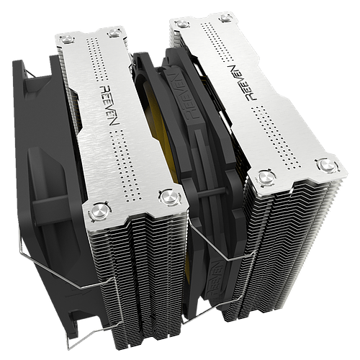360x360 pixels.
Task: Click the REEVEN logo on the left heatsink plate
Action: click(109, 105)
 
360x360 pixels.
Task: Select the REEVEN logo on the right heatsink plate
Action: click(242, 82)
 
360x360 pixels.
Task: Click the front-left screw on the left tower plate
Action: click(99, 212)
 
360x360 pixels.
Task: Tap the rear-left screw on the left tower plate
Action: click(67, 40)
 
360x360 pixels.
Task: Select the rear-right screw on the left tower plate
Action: click(114, 33)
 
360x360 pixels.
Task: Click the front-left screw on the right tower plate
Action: click(266, 177)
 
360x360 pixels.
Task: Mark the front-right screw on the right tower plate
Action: click(328, 165)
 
